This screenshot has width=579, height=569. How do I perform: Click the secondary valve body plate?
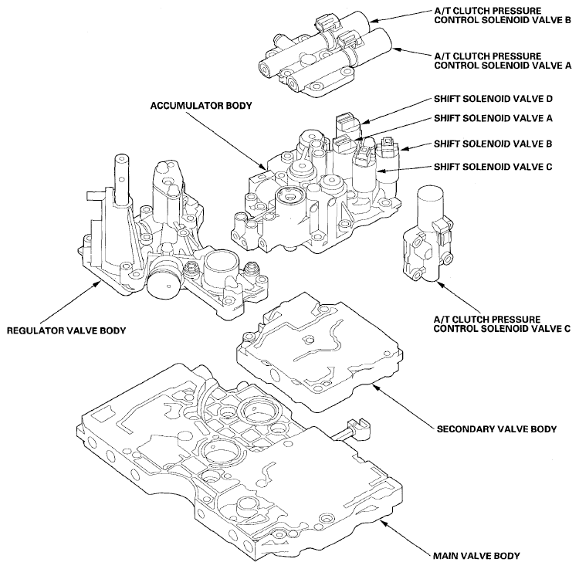[317, 347]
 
